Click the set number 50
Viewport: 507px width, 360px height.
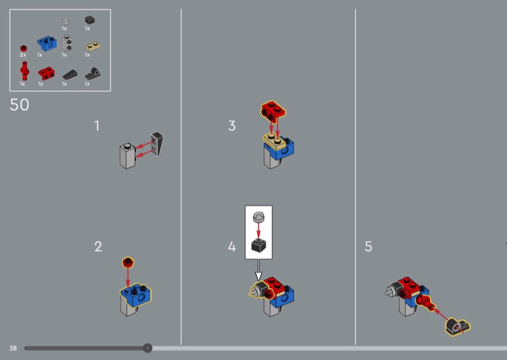tap(20, 105)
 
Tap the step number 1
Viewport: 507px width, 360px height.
tap(97, 126)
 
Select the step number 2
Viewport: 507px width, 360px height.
tap(98, 247)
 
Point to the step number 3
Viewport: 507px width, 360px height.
tap(231, 126)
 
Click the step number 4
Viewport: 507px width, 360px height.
tap(232, 247)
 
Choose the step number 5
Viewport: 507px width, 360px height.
tap(368, 247)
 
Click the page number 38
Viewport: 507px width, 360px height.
tap(13, 349)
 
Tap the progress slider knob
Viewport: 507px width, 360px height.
tap(148, 348)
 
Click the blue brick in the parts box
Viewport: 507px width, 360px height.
tap(47, 44)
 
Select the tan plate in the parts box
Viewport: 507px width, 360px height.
tap(93, 46)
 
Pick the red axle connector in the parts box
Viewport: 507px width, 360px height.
tap(24, 70)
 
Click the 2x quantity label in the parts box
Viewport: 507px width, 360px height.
tap(23, 55)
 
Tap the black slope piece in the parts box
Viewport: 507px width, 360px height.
tap(70, 75)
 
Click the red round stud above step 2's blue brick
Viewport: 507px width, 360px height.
tap(128, 262)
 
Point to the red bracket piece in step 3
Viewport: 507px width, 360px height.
tap(273, 112)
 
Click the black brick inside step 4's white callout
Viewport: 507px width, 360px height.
tap(259, 245)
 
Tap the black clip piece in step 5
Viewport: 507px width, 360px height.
tap(458, 326)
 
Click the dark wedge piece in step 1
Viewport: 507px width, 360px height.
tap(157, 144)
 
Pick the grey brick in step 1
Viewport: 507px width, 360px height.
tap(128, 156)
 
